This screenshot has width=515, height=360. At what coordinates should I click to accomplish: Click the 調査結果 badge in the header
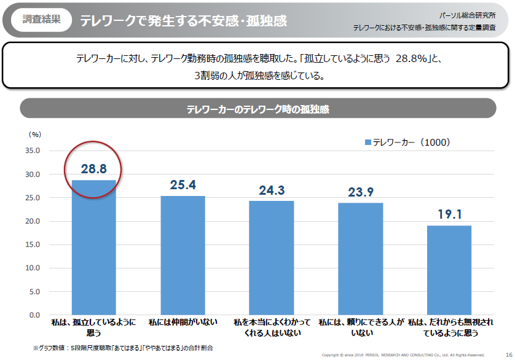[42, 19]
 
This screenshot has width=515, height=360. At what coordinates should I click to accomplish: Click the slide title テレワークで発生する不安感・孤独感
[183, 20]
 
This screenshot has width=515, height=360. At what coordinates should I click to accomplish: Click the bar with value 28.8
[94, 248]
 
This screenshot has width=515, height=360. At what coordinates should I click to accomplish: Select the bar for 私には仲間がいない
[183, 256]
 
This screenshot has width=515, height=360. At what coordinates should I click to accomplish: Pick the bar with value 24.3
[272, 258]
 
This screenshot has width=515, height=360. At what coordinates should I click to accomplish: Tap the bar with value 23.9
[361, 259]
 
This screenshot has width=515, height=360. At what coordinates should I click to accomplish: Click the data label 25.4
[183, 184]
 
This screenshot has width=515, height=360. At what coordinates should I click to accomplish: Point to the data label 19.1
[449, 214]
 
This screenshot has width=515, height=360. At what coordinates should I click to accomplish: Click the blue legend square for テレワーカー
[368, 143]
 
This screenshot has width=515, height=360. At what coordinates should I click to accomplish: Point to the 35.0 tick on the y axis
[32, 151]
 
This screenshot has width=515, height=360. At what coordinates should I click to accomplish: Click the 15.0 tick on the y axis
[32, 245]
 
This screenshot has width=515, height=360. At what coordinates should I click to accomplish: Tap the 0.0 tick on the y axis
[34, 315]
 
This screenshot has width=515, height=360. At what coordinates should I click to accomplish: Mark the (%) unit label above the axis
[34, 134]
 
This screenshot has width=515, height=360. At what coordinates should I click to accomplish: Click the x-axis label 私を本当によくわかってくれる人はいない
[272, 327]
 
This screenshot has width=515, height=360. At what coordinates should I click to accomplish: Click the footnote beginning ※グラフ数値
[123, 348]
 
